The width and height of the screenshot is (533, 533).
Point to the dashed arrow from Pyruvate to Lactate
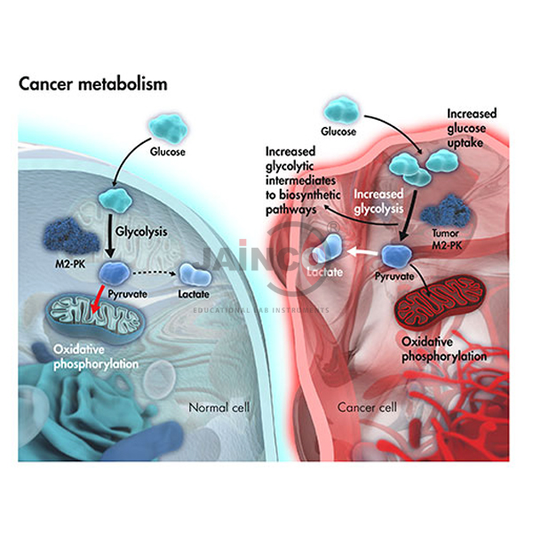157,273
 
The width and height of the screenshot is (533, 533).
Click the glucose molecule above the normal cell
165,130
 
